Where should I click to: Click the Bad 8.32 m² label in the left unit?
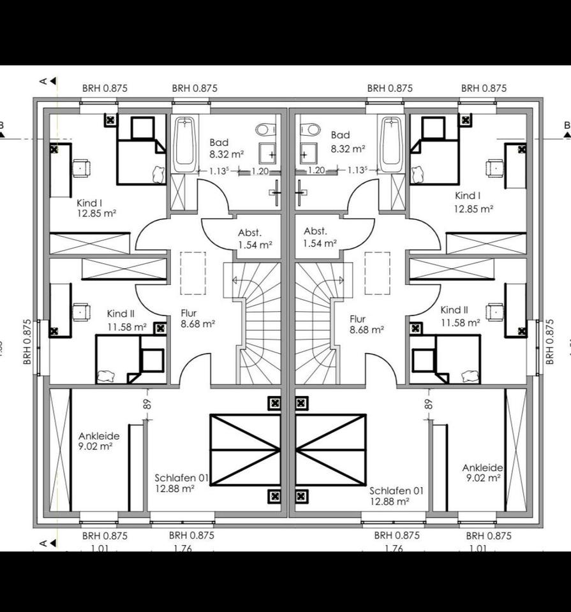(219, 148)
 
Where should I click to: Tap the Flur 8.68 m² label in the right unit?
(366, 324)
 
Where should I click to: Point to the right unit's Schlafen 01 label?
(396, 496)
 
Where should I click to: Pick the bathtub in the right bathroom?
(390, 144)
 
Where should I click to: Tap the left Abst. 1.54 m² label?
(255, 238)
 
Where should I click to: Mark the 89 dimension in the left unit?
(147, 403)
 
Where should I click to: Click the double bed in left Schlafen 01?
(245, 449)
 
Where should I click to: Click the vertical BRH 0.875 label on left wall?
(27, 342)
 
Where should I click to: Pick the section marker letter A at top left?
(43, 81)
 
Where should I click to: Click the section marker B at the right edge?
(567, 126)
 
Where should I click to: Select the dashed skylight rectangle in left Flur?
(193, 273)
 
